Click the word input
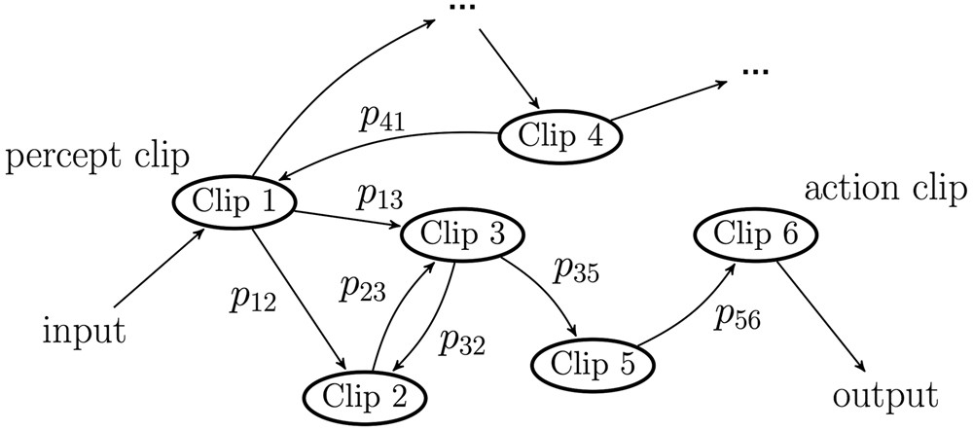tap(85, 332)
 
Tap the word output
tap(885, 395)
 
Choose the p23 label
tap(363, 288)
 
